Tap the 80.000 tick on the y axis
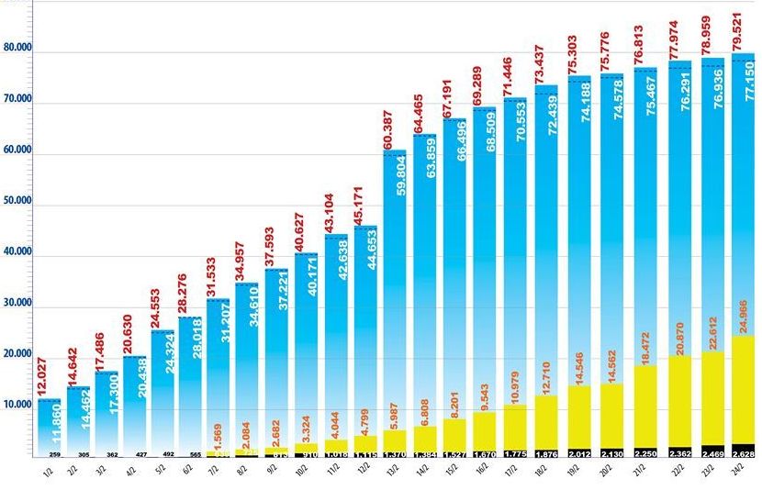[17, 48]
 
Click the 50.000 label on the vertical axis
[17, 201]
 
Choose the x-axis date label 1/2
[48, 470]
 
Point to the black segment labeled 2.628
[744, 451]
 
